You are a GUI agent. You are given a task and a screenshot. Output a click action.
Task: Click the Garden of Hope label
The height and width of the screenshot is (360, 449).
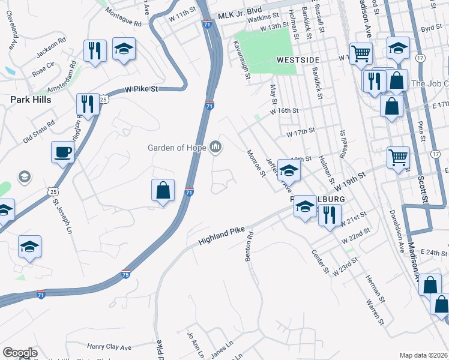pos(177,148)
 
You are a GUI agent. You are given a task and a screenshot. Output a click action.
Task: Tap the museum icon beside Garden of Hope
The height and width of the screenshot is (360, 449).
pos(215,147)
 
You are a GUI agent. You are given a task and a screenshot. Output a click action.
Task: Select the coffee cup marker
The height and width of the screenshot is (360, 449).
pos(62,151)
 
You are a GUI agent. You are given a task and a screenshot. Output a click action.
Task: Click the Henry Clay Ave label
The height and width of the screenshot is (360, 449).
pos(109,347)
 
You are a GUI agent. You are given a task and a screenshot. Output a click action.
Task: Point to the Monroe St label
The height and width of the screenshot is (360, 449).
pos(256,163)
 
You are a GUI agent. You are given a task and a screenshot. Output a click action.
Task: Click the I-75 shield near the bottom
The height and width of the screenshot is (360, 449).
pos(125,274)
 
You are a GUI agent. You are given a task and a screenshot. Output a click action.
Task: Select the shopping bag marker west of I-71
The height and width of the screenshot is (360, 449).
pos(163,190)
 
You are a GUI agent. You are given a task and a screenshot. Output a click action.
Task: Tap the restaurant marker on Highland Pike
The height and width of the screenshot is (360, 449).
pos(329,215)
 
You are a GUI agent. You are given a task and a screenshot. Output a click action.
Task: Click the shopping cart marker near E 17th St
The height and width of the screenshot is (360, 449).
pos(399,158)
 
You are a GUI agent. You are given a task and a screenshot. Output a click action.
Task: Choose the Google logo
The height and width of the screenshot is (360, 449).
pos(20,353)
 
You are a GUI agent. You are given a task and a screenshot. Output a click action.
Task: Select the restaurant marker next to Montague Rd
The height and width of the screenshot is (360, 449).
pos(94,51)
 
